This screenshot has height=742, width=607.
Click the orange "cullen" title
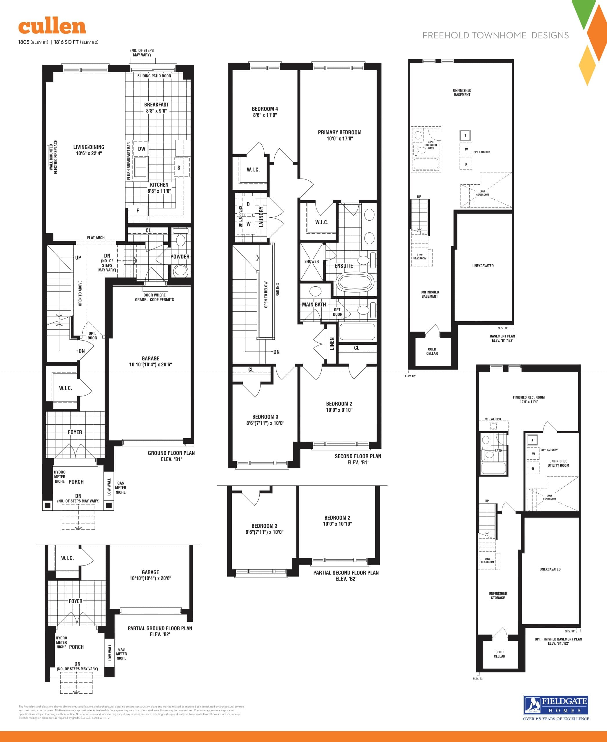pyautogui.click(x=52, y=27)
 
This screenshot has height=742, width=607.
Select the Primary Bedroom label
pyautogui.click(x=339, y=132)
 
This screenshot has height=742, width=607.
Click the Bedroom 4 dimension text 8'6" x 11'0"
pyautogui.click(x=265, y=115)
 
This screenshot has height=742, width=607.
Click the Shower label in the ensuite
pyautogui.click(x=311, y=261)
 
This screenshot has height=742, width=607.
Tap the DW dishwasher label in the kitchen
pyautogui.click(x=141, y=149)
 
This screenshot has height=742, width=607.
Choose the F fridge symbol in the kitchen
pyautogui.click(x=137, y=211)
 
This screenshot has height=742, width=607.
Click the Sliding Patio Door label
pyautogui.click(x=154, y=76)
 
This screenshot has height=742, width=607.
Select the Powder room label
pyautogui.click(x=180, y=257)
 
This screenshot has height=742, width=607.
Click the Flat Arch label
pyautogui.click(x=96, y=238)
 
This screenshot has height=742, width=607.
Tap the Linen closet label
pyautogui.click(x=332, y=343)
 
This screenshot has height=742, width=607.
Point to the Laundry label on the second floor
pyautogui.click(x=261, y=217)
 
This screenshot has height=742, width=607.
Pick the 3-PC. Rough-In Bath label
pyautogui.click(x=431, y=145)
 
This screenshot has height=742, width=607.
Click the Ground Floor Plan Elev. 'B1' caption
pyautogui.click(x=171, y=456)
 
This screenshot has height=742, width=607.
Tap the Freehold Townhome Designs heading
pyautogui.click(x=495, y=35)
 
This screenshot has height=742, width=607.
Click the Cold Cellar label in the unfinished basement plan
pyautogui.click(x=432, y=351)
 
